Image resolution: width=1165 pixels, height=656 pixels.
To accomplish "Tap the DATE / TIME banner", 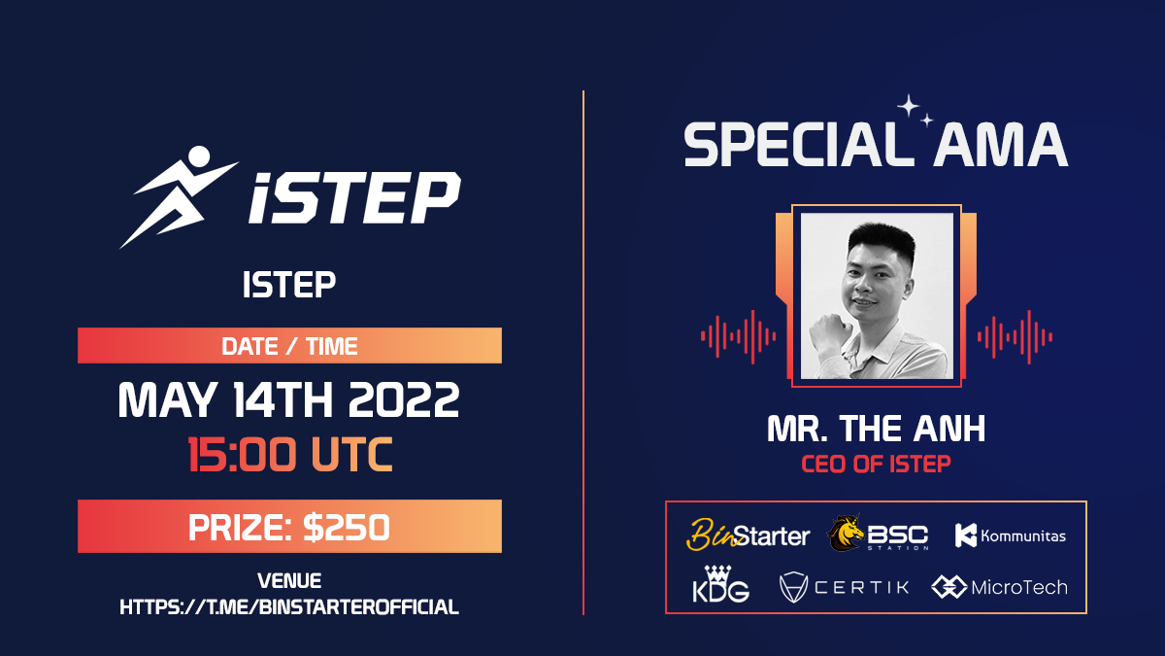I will click(x=289, y=346).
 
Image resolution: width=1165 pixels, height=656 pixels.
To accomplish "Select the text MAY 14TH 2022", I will click(x=289, y=400).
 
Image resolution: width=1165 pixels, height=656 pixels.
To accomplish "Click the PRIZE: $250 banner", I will click(x=289, y=527).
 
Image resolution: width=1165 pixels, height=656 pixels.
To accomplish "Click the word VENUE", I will click(x=289, y=581).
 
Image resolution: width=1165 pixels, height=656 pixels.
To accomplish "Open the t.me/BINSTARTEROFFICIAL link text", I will click(x=289, y=607).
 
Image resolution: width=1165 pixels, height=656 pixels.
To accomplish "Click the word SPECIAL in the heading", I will click(x=790, y=146).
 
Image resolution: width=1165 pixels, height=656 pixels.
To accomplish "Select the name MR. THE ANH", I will click(x=876, y=429).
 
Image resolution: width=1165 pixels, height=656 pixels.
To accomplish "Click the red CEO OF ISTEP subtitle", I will click(x=876, y=464).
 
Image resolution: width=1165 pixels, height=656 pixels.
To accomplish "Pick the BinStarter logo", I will click(x=749, y=535).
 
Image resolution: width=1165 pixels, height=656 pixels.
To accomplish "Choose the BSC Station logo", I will click(x=878, y=535).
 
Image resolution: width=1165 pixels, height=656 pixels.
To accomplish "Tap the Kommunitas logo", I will click(x=1010, y=535).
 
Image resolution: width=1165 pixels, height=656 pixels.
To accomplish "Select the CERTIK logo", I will click(x=844, y=587).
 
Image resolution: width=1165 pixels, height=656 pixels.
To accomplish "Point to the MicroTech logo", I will click(x=999, y=587).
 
